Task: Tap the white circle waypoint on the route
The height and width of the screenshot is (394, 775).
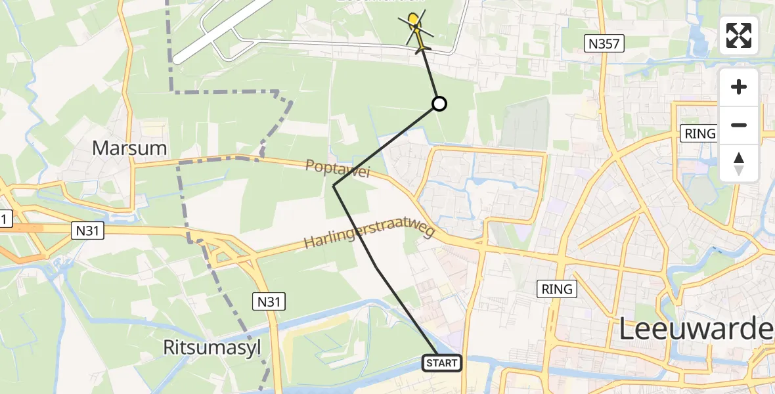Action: pyautogui.click(x=439, y=104)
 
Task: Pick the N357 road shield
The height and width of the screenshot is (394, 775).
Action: pyautogui.click(x=604, y=44)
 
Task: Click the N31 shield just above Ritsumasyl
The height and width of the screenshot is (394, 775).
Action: pyautogui.click(x=269, y=301)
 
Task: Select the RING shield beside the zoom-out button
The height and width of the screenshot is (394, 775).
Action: pyautogui.click(x=699, y=133)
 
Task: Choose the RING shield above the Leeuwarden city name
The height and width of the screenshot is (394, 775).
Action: pyautogui.click(x=557, y=288)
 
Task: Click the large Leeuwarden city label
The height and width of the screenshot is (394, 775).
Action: pyautogui.click(x=696, y=329)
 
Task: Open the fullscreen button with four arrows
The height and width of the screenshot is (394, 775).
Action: pyautogui.click(x=739, y=35)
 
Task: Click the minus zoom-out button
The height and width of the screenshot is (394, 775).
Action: pyautogui.click(x=739, y=125)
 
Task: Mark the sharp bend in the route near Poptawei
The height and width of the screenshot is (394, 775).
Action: pyautogui.click(x=334, y=186)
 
